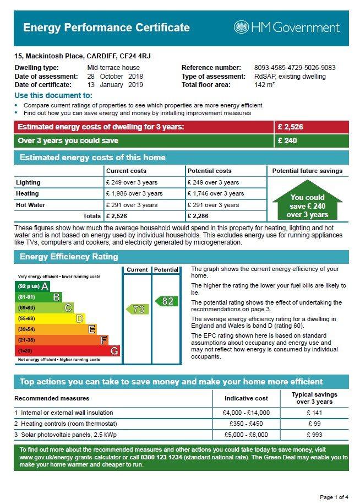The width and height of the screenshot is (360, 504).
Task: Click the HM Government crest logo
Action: tap(241, 28)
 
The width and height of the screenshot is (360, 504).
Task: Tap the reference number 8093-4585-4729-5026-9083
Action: tap(295, 68)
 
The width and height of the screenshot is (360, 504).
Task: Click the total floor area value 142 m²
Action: tap(264, 85)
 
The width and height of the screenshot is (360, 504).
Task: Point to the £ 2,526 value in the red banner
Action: tap(290, 127)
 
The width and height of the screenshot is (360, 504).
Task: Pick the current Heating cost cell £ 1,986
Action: tap(134, 193)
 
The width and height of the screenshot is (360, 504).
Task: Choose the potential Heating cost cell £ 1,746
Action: tap(216, 193)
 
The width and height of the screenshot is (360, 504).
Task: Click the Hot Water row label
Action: tap(30, 205)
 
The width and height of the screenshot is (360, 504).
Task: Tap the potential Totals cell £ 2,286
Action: tap(198, 216)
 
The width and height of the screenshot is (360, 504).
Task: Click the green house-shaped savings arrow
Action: tap(307, 200)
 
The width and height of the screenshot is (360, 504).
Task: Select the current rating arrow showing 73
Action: tap(137, 309)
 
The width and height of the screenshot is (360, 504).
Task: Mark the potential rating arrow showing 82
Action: tap(166, 301)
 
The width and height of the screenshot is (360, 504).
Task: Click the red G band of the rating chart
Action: tap(68, 351)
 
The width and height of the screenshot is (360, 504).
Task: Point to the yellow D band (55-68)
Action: tap(50, 318)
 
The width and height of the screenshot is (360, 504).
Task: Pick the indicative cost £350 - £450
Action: tap(246, 424)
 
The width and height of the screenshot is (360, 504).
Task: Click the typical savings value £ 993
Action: tap(314, 435)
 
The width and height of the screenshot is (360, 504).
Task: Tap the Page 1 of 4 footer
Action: tap(334, 497)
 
